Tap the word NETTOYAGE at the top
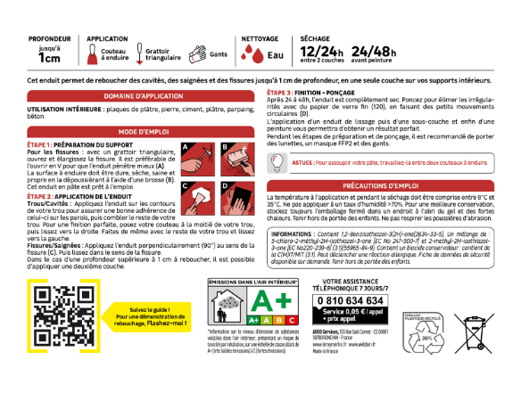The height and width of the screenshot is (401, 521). pos(260,39)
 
